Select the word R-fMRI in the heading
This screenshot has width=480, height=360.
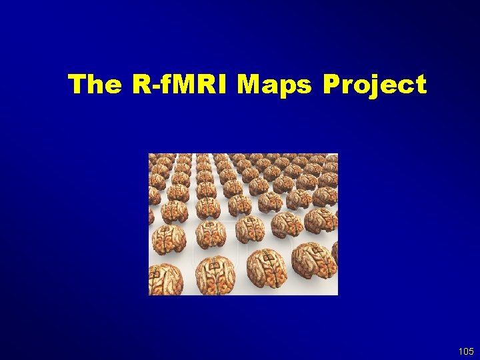[x=176, y=85]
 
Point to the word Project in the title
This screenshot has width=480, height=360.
[x=374, y=85]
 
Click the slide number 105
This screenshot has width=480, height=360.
[x=466, y=351]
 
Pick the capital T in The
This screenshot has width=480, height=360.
[x=76, y=85]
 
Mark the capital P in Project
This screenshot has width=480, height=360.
[x=331, y=85]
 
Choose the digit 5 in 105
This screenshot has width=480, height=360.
[x=471, y=351]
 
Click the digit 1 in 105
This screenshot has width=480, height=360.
[x=461, y=351]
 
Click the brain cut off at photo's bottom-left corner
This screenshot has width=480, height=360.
[x=165, y=279]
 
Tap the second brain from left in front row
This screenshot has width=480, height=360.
[x=215, y=274]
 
